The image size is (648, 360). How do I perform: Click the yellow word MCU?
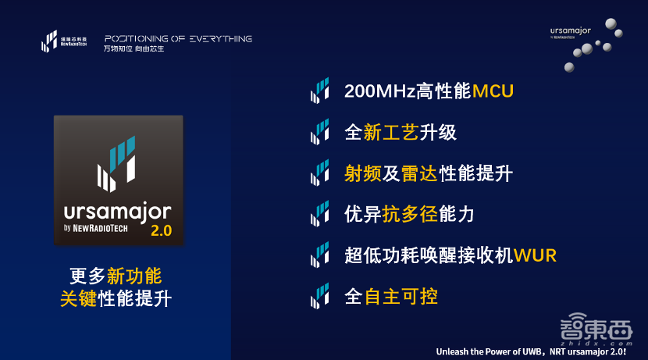click(x=493, y=91)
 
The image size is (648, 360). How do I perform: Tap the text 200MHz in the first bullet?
click(x=379, y=91)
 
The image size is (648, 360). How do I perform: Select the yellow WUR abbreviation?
click(x=535, y=255)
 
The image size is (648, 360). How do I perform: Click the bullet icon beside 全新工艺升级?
click(x=320, y=131)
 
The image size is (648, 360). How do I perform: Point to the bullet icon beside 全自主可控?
click(x=320, y=296)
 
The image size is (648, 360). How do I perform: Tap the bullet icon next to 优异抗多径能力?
click(x=320, y=214)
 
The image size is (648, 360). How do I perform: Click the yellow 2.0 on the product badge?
click(x=161, y=230)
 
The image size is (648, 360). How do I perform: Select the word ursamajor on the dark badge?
click(x=117, y=212)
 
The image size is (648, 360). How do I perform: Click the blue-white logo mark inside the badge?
click(x=116, y=164)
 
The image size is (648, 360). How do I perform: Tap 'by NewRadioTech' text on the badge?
click(x=96, y=228)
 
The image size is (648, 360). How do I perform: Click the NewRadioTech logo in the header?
click(x=64, y=41)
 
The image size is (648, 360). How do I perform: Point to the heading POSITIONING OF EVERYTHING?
click(x=178, y=39)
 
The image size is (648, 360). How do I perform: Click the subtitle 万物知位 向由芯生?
click(x=134, y=48)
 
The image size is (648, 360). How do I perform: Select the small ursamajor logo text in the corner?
click(x=570, y=31)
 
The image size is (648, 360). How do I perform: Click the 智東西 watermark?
click(x=596, y=330)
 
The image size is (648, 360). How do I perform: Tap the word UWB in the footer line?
click(x=532, y=351)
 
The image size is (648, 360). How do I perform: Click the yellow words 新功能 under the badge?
click(x=134, y=276)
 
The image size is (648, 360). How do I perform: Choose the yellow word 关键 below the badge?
click(x=79, y=298)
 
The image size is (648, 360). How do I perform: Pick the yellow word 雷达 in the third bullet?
click(x=419, y=173)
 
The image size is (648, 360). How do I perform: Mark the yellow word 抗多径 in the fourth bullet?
click(x=410, y=214)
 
